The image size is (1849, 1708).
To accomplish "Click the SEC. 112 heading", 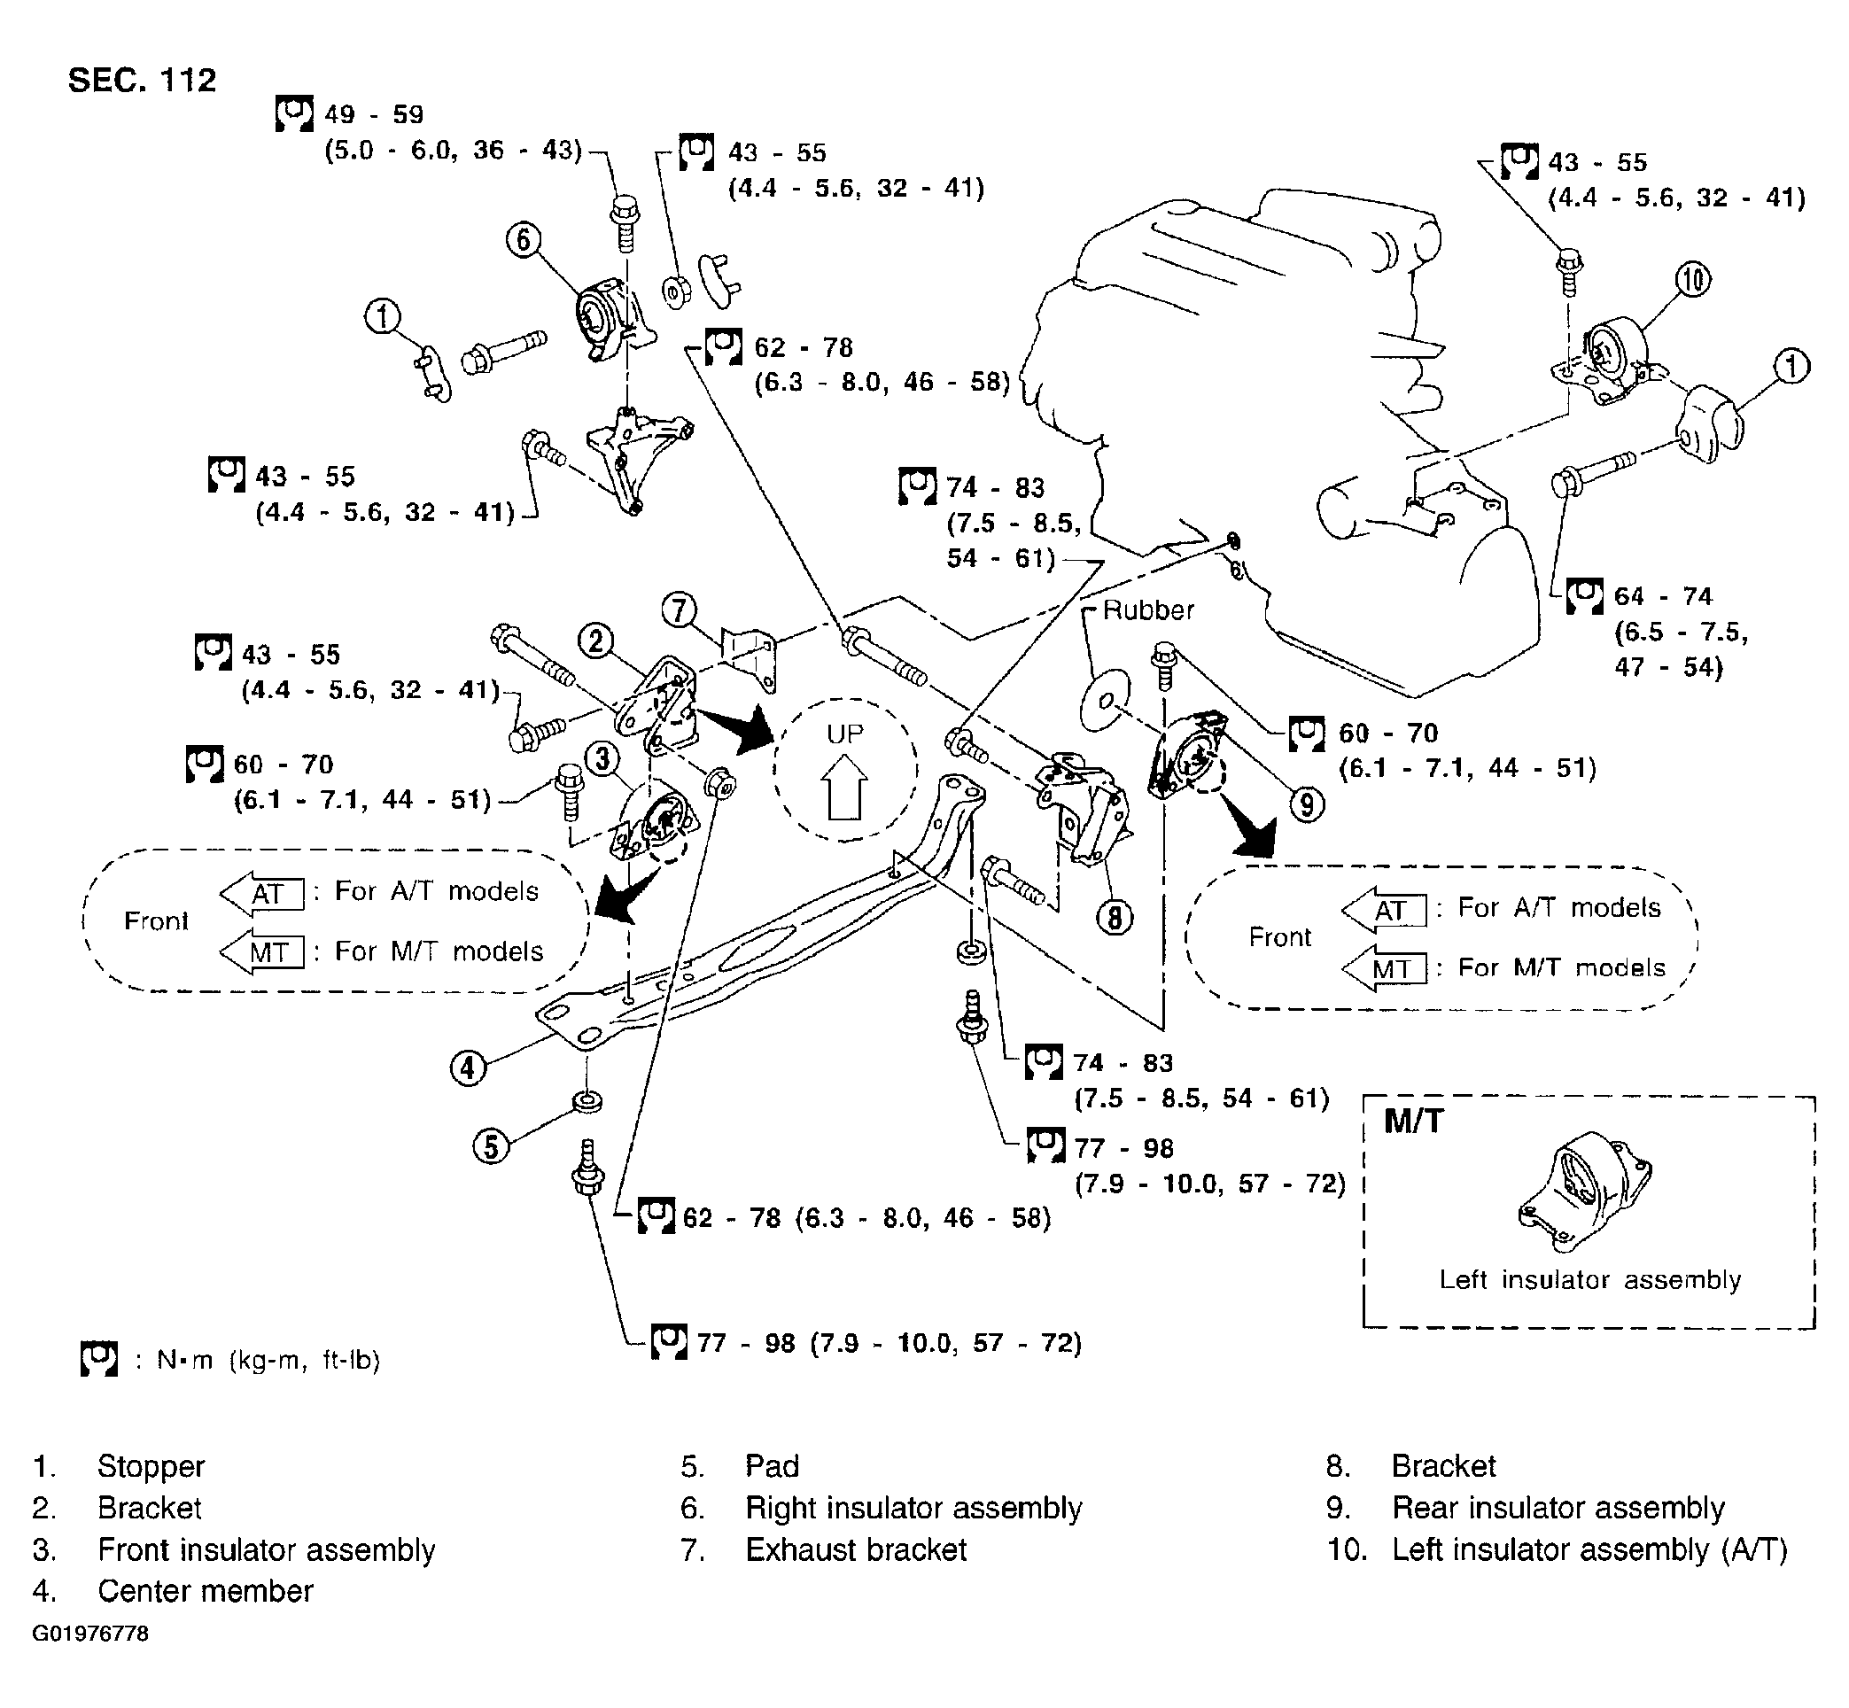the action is (x=143, y=81).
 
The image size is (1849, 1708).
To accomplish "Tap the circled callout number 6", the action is (x=524, y=239).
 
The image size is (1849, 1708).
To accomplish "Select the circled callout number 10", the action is (x=1693, y=278).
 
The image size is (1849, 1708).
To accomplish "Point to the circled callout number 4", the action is (x=468, y=1068).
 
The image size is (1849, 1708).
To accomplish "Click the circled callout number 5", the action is (x=491, y=1146).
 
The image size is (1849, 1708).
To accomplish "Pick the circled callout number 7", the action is (x=680, y=610).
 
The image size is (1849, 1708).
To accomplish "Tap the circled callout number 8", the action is (x=1115, y=918).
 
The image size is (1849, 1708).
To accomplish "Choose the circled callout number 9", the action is (x=1306, y=804).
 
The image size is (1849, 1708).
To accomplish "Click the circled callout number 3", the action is (x=602, y=760).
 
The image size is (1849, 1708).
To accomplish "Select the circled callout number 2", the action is (x=595, y=640).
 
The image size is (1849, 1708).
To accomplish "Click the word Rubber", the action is (x=1148, y=610).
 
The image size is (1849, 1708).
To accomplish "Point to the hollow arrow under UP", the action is (x=845, y=787).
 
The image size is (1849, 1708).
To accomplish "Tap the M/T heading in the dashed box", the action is (x=1414, y=1122).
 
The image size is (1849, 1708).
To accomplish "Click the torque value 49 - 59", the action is (x=374, y=114).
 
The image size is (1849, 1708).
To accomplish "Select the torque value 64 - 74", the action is (x=1663, y=596).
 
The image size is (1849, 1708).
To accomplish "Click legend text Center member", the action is (x=206, y=1591).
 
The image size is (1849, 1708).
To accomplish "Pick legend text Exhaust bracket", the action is (x=856, y=1549).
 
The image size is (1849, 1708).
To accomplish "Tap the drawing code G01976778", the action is (x=89, y=1633).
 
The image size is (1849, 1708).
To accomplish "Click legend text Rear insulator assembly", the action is (x=1558, y=1508).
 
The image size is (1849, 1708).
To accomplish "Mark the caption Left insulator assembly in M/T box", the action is (x=1590, y=1280).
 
